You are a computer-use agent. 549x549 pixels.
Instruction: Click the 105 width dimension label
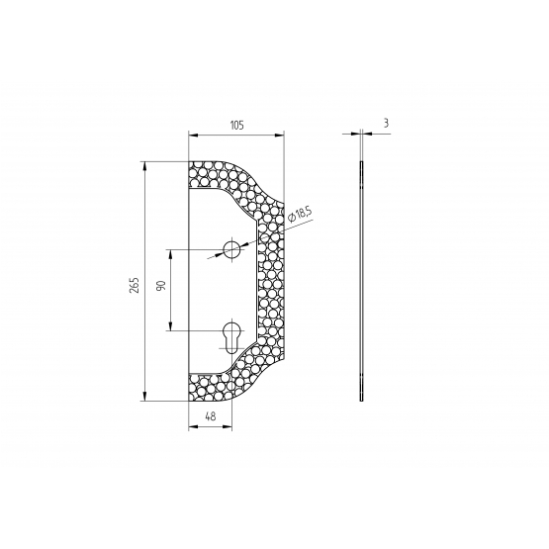[236, 125]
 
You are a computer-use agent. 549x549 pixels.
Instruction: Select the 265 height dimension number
[135, 285]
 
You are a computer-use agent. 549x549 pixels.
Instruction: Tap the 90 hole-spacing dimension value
[160, 285]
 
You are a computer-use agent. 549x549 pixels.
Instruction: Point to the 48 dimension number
[211, 416]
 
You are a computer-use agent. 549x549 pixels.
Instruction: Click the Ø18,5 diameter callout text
[300, 215]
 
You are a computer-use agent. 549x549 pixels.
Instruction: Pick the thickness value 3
[386, 124]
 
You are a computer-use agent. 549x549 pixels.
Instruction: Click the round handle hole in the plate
[231, 249]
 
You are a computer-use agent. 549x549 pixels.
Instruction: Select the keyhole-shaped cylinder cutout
[231, 337]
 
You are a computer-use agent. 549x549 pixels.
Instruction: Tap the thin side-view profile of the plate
[361, 281]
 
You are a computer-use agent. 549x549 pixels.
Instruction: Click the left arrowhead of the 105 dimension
[193, 136]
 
